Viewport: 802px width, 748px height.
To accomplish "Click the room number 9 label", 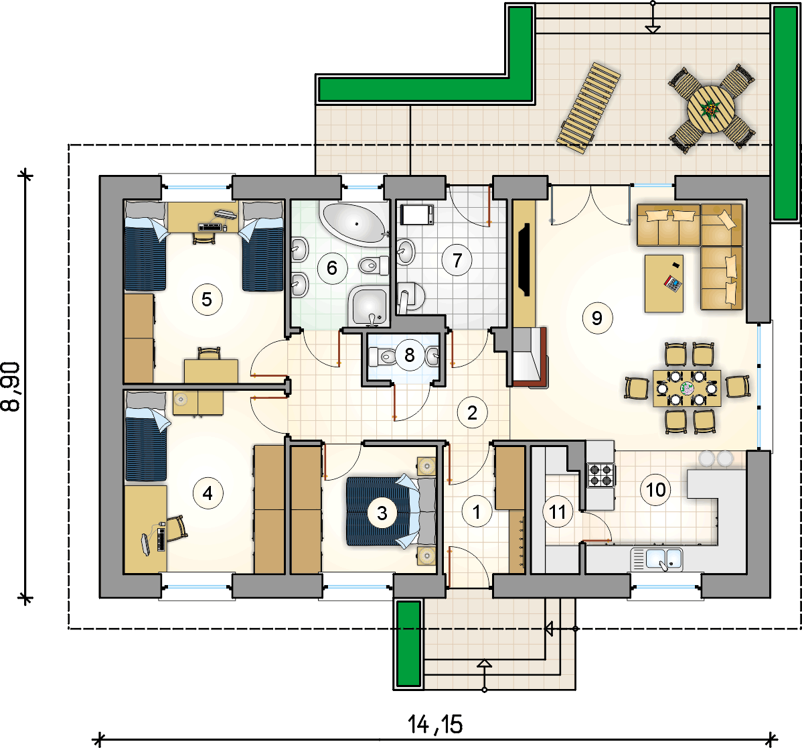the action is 597,318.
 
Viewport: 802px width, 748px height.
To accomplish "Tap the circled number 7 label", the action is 457,261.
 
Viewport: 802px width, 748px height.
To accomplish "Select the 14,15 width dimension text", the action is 435,725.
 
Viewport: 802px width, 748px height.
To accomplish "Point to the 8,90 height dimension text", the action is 11,387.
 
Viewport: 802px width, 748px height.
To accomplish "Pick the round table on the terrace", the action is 711,109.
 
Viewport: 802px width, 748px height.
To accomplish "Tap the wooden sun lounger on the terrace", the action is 588,108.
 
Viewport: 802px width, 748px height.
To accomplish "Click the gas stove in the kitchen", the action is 600,474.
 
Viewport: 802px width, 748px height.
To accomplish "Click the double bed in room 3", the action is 391,511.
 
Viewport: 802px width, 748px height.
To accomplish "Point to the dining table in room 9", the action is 687,389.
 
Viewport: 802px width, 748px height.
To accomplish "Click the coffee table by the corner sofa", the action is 664,283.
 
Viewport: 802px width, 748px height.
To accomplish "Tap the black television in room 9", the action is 524,259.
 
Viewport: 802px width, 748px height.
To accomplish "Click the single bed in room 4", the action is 147,437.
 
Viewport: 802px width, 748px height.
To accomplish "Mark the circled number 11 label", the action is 558,512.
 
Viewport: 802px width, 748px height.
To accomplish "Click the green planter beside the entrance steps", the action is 408,643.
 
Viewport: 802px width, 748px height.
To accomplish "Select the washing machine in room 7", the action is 417,214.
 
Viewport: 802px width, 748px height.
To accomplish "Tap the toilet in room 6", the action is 374,265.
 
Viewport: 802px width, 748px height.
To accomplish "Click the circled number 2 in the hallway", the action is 472,413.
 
